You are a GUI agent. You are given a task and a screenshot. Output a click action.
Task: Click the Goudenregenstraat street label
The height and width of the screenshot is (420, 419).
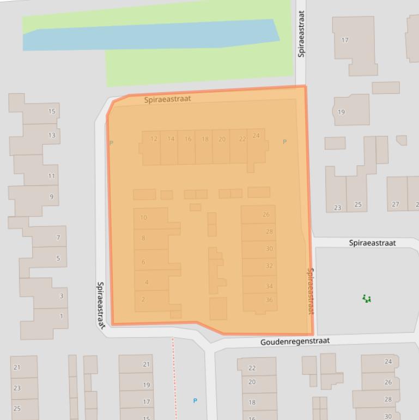295,341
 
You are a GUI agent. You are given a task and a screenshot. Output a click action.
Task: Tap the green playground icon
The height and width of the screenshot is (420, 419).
367,298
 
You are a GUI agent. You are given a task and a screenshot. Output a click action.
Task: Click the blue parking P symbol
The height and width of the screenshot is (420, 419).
195,401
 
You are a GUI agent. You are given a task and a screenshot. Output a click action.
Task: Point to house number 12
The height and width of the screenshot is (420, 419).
154,139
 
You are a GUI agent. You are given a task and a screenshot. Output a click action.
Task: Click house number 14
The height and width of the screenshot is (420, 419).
171,139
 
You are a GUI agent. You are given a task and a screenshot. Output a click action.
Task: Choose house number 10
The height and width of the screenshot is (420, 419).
143,218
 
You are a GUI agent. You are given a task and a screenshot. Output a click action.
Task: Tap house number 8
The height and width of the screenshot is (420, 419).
143,238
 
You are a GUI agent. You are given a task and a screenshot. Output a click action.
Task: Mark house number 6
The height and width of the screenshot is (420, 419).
143,262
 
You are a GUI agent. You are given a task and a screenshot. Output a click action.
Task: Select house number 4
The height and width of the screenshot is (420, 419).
147,283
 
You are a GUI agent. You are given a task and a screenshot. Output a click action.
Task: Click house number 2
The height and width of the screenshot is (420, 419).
143,299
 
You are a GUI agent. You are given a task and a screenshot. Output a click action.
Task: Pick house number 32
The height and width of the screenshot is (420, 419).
269,266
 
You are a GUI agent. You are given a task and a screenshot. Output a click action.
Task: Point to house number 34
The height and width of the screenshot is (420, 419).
269,286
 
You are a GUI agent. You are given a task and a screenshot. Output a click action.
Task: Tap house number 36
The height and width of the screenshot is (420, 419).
269,301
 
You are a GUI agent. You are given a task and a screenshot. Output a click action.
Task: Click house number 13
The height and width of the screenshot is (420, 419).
52,135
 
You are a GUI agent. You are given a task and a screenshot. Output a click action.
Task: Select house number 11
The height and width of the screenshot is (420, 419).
52,176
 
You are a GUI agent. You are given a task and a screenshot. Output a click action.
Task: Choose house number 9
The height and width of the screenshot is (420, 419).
52,197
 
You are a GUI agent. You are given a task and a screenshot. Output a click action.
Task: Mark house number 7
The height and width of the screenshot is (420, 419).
58,238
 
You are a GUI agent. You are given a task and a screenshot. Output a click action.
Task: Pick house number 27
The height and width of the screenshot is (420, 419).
395,205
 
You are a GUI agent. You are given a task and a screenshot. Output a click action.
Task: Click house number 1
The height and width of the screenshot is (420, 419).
61,316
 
